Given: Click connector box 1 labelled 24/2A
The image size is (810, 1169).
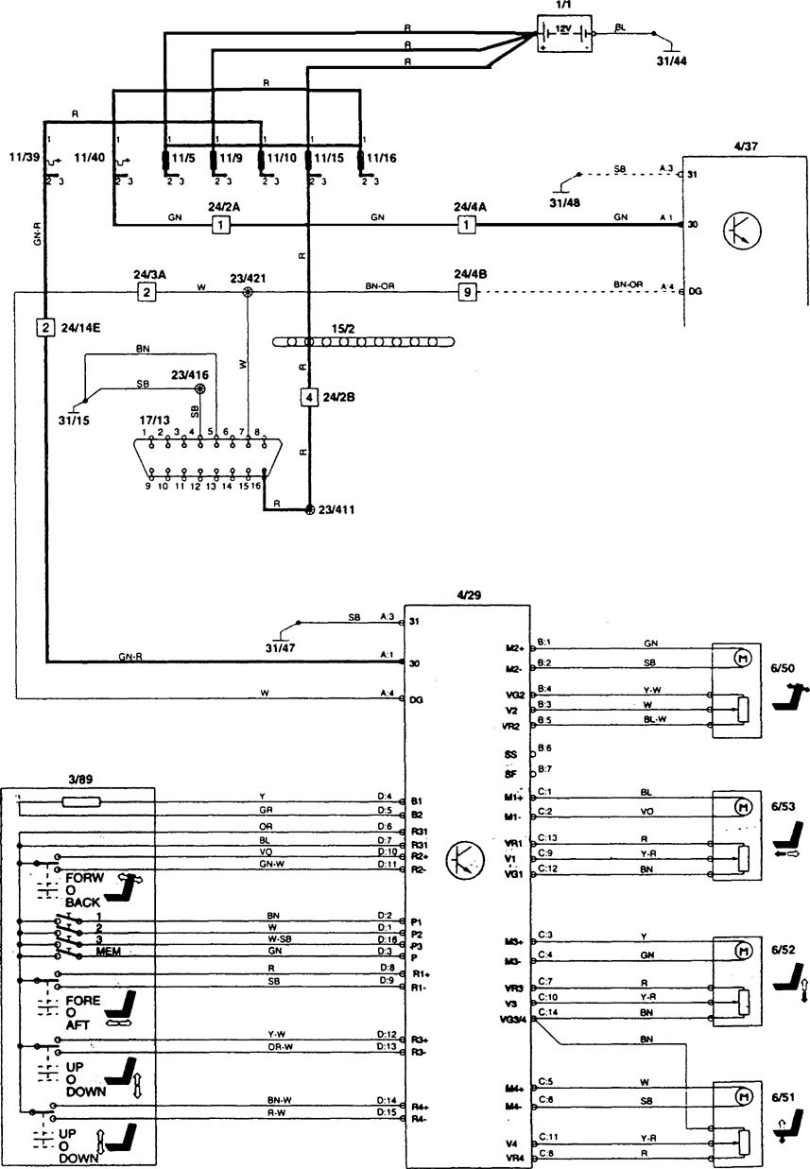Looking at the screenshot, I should coord(220,225).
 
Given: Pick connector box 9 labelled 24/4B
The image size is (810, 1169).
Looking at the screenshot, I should coord(467,292).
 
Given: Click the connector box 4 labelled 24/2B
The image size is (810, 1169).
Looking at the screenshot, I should coord(308,397).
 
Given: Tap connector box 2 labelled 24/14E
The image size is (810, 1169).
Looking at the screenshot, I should coord(44,328).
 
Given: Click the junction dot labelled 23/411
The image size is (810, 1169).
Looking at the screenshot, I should coord(308,510).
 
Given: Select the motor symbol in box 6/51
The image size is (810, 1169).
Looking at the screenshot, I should coord(743,1096).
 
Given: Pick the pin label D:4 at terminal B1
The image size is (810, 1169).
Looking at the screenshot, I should coord(384,797).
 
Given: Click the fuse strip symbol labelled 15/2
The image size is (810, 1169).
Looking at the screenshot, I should coord(359,341).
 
